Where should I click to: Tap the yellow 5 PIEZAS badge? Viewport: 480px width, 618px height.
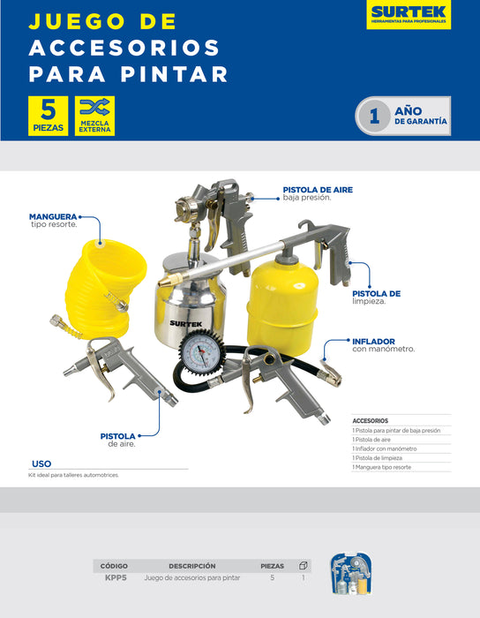[49, 116]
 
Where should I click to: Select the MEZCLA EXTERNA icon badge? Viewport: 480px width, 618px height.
[94, 116]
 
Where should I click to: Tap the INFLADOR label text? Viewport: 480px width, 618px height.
[373, 341]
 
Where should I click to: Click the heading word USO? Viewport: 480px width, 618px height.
[41, 463]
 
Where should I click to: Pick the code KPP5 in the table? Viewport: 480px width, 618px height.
[116, 577]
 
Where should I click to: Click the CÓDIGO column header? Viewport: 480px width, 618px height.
[115, 565]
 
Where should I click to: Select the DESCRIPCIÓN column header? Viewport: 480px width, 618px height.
[192, 565]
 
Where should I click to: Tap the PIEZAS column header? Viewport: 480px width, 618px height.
[273, 565]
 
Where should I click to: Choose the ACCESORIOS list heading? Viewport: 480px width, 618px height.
[371, 420]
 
